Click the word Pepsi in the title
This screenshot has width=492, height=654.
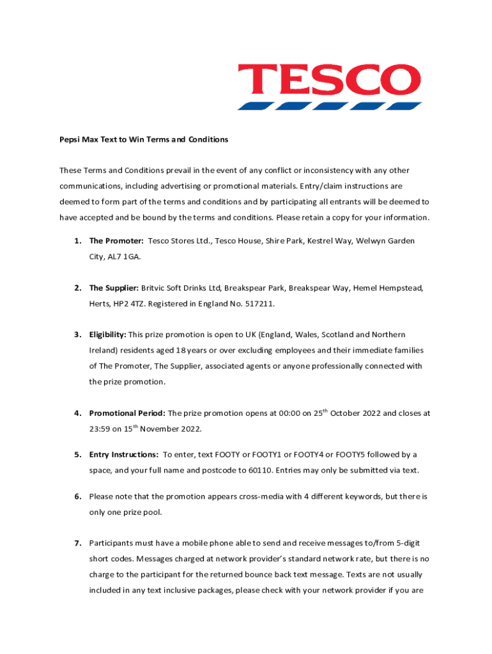[70, 139]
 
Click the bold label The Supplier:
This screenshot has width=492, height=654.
[114, 288]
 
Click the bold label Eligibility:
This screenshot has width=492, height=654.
[107, 335]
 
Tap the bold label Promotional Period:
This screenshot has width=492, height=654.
[127, 413]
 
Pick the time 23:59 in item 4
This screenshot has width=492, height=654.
[100, 429]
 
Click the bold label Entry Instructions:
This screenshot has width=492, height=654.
[124, 455]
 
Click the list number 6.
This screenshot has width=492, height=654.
[77, 496]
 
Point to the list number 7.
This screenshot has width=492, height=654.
[77, 544]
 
